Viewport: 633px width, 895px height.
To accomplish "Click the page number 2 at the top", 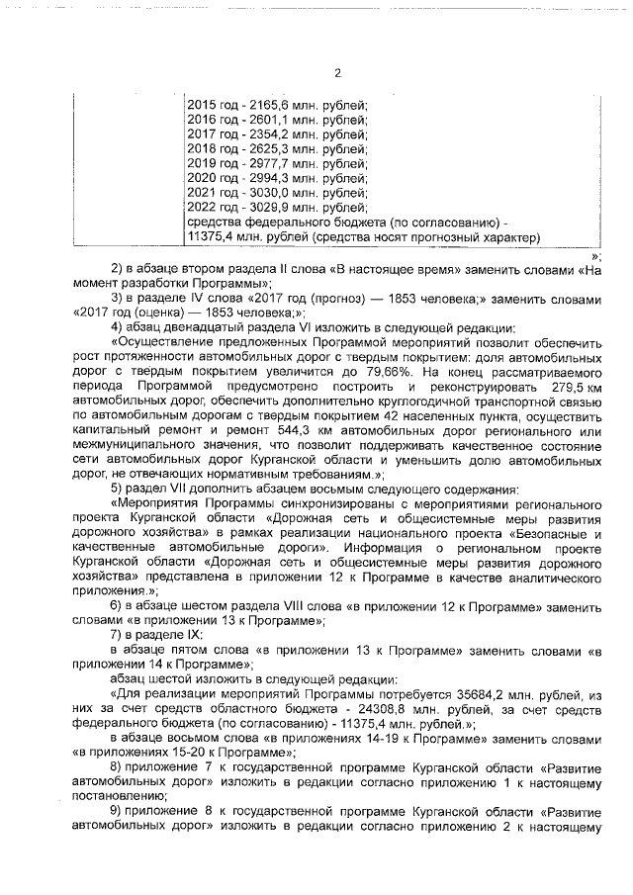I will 336,72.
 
